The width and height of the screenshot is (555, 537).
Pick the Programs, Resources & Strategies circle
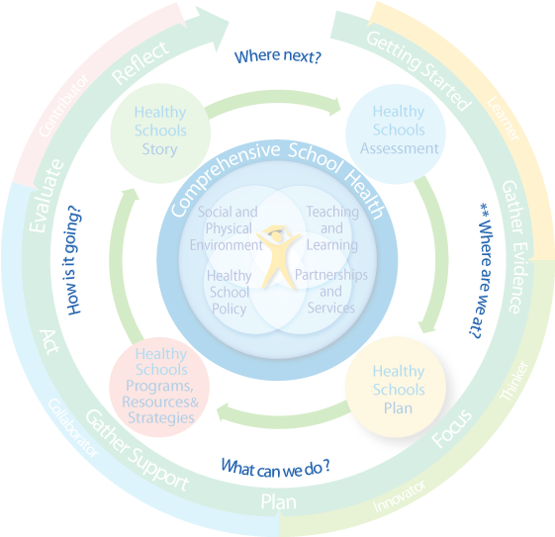[159, 387]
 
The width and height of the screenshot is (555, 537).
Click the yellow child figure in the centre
[278, 258]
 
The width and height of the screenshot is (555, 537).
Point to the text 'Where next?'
[276, 56]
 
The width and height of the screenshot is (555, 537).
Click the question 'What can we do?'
[276, 466]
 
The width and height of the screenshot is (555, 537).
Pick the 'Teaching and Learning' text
[331, 227]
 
